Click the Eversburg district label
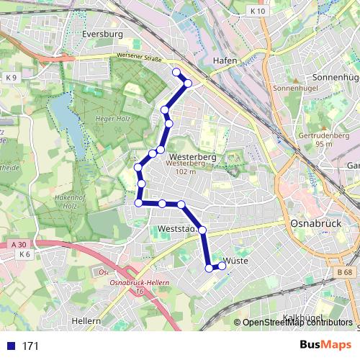click(103, 34)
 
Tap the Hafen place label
click(225, 61)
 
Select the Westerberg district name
click(192, 156)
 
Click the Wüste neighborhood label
click(236, 261)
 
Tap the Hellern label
click(86, 320)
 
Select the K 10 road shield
click(258, 11)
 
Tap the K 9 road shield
click(10, 77)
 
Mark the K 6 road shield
click(25, 254)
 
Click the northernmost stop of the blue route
click(176, 71)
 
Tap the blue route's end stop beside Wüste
click(222, 266)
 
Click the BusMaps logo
click(325, 345)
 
